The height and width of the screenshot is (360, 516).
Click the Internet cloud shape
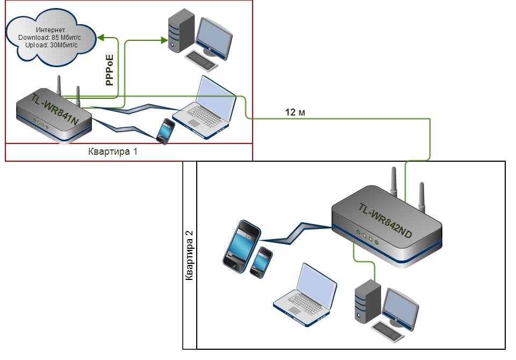[x=51, y=38]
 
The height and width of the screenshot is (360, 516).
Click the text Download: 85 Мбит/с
[x=49, y=38]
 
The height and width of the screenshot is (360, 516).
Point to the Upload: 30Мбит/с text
[x=52, y=45]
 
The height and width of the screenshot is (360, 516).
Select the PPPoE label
[x=110, y=70]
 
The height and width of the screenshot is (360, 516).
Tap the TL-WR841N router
[x=54, y=115]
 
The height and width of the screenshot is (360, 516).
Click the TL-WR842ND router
[x=386, y=224]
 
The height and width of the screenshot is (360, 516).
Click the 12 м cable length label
[x=295, y=112]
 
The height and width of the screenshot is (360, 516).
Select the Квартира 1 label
[x=112, y=152]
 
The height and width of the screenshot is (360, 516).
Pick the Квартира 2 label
[x=189, y=255]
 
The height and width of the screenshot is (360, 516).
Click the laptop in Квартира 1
[x=205, y=107]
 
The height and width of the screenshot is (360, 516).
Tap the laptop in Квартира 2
[x=305, y=295]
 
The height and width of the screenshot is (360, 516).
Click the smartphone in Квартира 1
[x=166, y=131]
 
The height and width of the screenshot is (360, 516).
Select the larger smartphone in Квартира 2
[x=241, y=246]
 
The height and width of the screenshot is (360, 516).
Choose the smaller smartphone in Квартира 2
[x=261, y=263]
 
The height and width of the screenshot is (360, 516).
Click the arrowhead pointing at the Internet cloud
[x=101, y=38]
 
